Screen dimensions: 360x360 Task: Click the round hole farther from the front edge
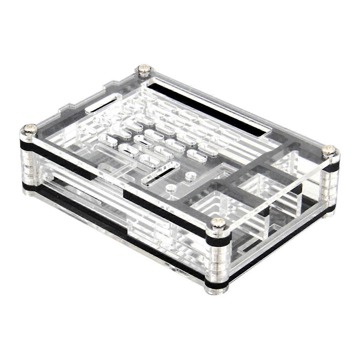tap(189, 175)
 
